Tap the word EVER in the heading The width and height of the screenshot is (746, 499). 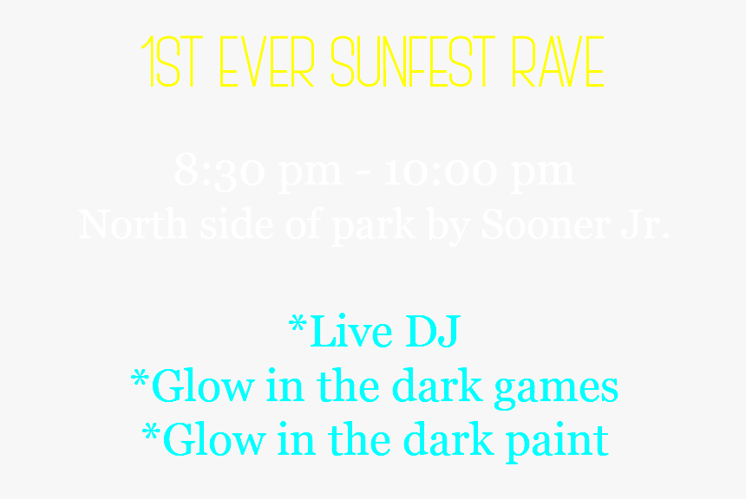pyautogui.click(x=266, y=63)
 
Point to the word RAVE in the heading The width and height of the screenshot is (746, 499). pyautogui.click(x=557, y=63)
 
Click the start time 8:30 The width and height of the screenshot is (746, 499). pyautogui.click(x=216, y=171)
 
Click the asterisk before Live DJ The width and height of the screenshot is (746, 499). pyautogui.click(x=297, y=326)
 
